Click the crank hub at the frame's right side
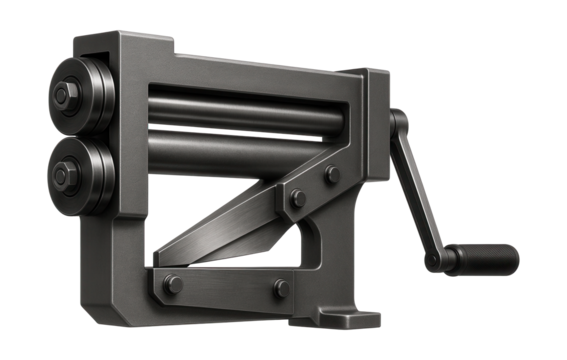tap(397, 125)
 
